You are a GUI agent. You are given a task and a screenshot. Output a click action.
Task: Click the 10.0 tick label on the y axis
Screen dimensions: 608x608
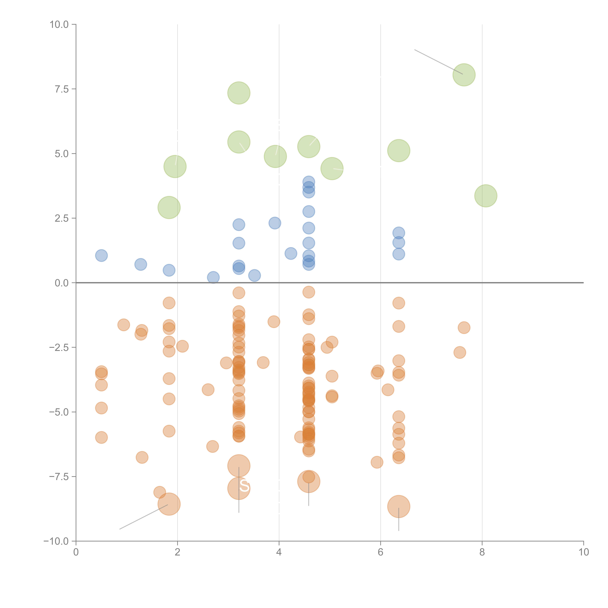click(59, 25)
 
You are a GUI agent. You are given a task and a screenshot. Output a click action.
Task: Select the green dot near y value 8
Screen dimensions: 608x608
click(464, 75)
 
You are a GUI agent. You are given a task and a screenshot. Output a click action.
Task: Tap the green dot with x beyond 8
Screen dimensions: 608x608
click(486, 196)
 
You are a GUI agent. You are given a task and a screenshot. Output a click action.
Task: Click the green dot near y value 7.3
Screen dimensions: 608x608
click(239, 93)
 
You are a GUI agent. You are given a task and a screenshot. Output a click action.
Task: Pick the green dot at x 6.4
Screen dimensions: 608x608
click(399, 150)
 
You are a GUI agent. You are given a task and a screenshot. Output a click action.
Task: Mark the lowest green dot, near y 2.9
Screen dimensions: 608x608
click(169, 207)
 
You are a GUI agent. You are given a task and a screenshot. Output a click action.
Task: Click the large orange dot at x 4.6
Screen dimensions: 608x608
click(309, 482)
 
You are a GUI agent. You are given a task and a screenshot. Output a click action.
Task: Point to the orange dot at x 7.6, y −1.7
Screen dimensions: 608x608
click(464, 328)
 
